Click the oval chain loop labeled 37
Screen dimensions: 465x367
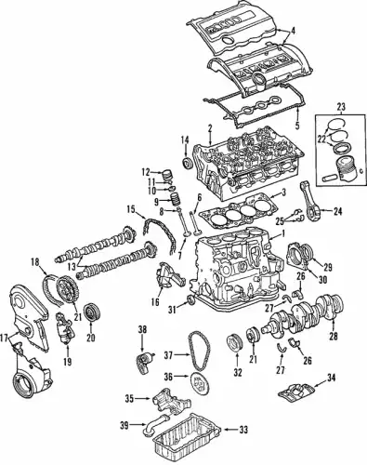click(196, 352)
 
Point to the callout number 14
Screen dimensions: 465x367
click(184, 141)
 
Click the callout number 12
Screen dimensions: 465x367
click(145, 171)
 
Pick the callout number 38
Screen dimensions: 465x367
click(143, 330)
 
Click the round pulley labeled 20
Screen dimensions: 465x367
click(91, 312)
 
